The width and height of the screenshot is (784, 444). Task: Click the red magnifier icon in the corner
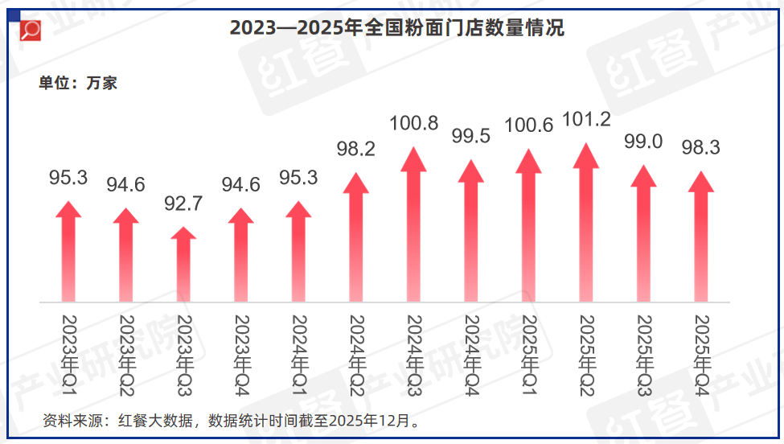31,30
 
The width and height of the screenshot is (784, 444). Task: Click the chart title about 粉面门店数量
397,28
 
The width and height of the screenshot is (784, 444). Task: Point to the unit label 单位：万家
78,82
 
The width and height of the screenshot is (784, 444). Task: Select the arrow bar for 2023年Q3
184,265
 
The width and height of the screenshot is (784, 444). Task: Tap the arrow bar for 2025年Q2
586,225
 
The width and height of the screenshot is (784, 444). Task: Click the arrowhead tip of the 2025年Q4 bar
701,174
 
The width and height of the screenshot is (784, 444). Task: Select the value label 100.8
413,124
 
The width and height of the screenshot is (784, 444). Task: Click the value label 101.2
586,120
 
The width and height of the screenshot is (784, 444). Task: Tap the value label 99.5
471,136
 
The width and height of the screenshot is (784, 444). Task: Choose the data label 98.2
355,149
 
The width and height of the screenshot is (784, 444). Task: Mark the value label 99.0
643,142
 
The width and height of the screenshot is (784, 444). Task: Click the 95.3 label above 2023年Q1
68,178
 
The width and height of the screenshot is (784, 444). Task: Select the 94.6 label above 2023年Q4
241,185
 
